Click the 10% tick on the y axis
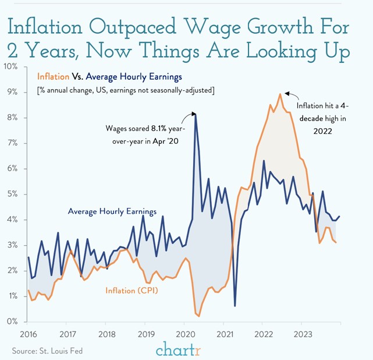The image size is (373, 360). pos(12,66)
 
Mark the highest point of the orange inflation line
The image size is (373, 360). pos(280,94)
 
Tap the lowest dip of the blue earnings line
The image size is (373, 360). pos(235,305)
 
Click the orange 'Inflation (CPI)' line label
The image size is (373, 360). pos(133,290)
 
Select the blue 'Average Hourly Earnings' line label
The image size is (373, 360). pos(111,211)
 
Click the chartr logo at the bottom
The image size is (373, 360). pos(177,350)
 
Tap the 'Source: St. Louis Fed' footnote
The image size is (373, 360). pos(48,350)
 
